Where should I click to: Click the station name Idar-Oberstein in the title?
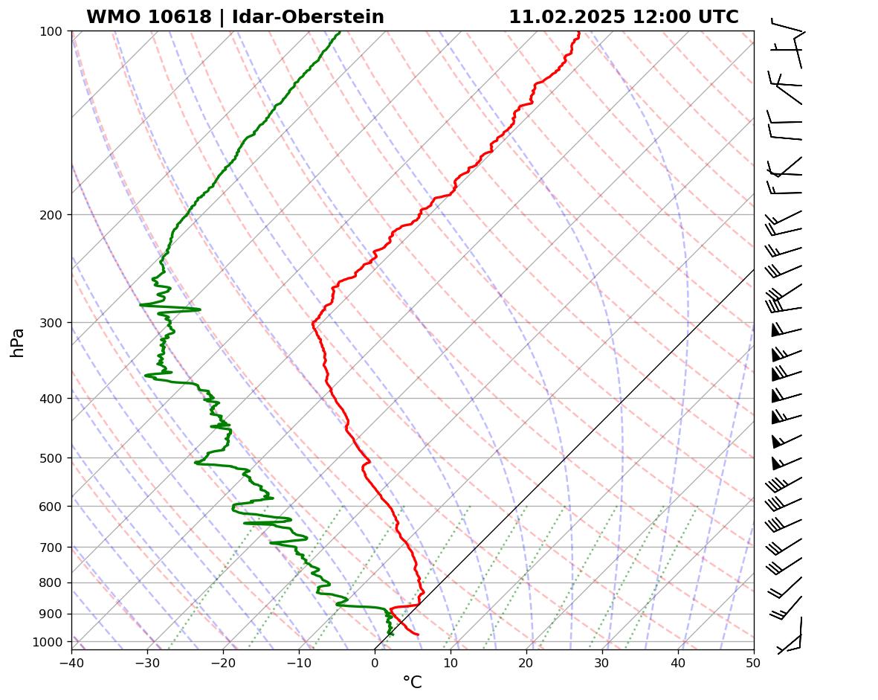pyautogui.click(x=308, y=17)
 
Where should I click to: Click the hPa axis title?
pyautogui.click(x=17, y=342)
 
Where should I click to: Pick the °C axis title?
pyautogui.click(x=412, y=682)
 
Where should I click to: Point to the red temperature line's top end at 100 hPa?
pyautogui.click(x=578, y=32)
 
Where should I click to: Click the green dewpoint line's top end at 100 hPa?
pyautogui.click(x=340, y=32)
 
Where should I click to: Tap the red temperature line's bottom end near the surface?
pyautogui.click(x=418, y=635)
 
